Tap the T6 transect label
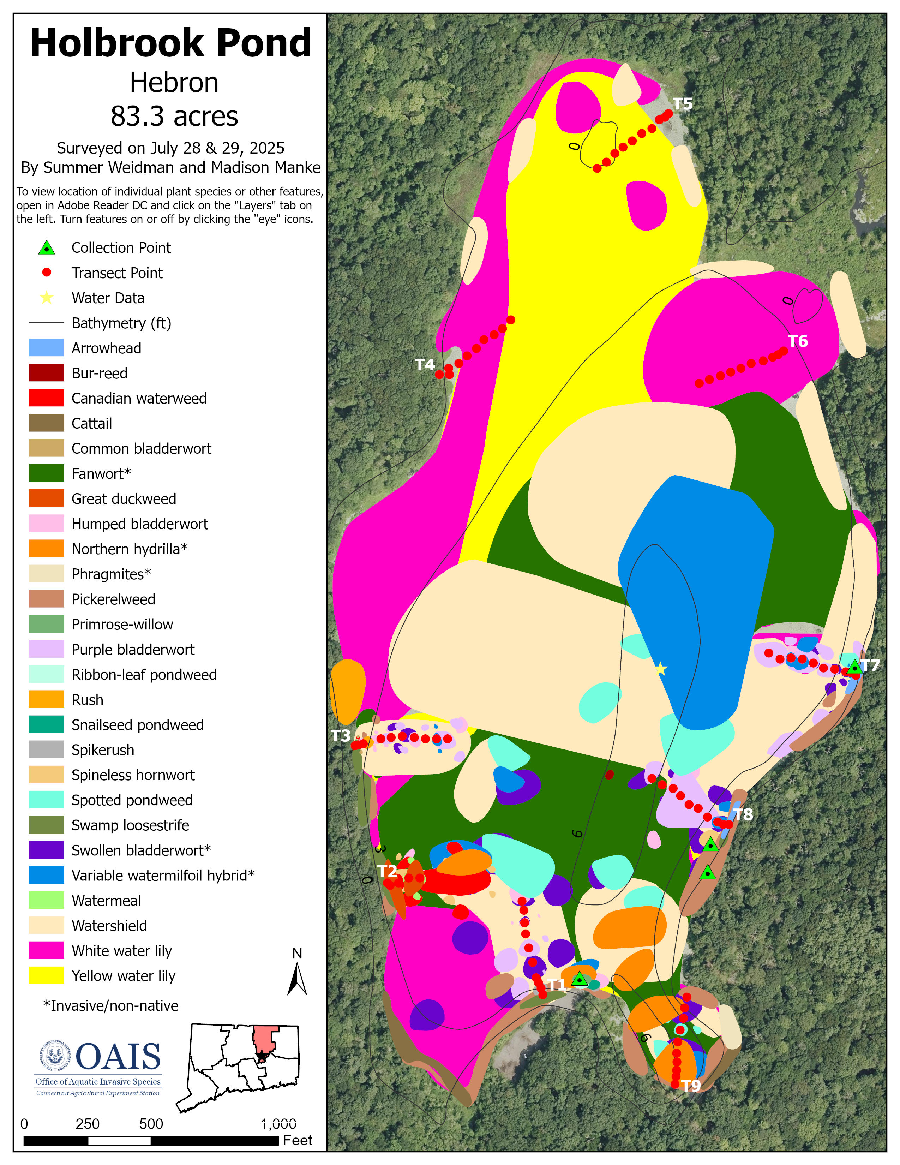pos(798,341)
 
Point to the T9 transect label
pos(691,1086)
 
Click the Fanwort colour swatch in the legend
pos(46,473)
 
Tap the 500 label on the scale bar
pos(151,1124)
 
